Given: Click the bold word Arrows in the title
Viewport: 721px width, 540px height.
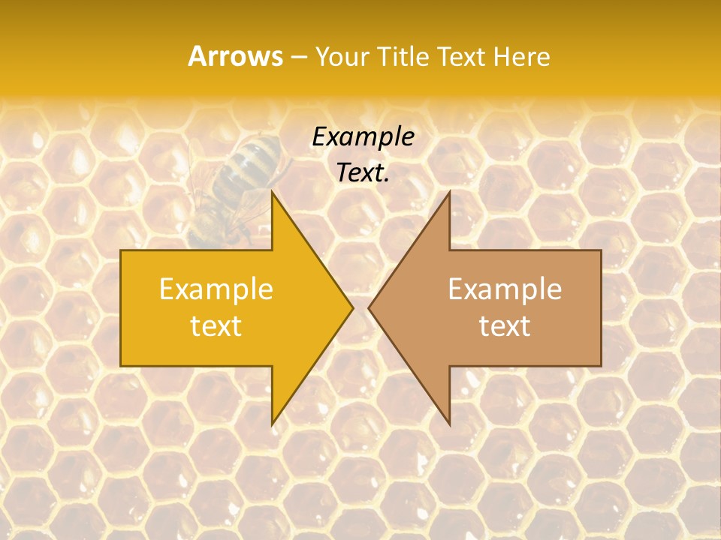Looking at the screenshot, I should click(235, 56).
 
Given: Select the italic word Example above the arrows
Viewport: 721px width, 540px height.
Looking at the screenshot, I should click(363, 137).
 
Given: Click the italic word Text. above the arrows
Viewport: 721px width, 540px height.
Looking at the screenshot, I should click(363, 173).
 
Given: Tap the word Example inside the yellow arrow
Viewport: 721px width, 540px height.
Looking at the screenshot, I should click(216, 289).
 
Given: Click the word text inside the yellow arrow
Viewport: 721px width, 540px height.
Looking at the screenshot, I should click(216, 325).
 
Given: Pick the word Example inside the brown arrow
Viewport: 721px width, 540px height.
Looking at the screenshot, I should click(505, 289).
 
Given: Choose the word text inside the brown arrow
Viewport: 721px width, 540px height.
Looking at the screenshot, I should click(505, 325).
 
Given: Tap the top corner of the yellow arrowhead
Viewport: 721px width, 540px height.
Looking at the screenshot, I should click(273, 193).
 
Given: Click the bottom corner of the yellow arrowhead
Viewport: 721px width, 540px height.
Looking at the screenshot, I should click(273, 423).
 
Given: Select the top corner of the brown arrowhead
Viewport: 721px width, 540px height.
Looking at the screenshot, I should click(449, 193).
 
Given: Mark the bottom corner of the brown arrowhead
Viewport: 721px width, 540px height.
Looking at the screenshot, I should click(449, 423).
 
